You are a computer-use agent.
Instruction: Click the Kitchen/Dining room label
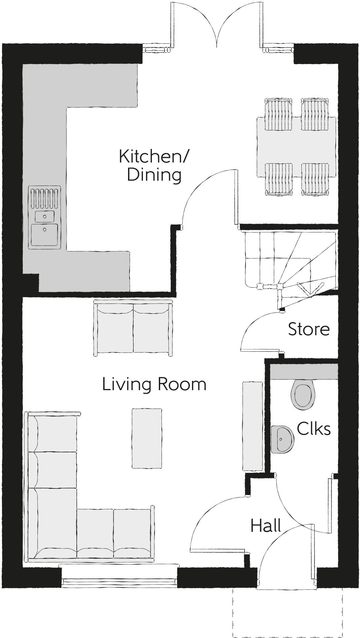tap(154, 165)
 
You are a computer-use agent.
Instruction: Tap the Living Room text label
tap(154, 385)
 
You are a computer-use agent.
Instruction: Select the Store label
tap(309, 329)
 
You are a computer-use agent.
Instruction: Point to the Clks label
tap(313, 429)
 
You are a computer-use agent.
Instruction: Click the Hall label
tap(266, 525)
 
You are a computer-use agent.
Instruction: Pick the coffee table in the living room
tap(147, 438)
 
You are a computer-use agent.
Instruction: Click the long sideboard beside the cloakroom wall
tap(252, 426)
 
